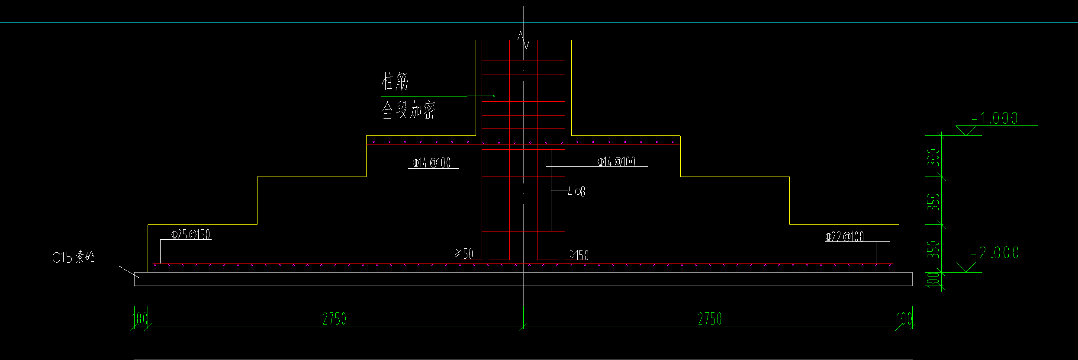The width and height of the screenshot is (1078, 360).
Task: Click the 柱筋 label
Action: (395, 81)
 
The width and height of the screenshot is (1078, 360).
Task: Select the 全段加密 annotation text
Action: (408, 110)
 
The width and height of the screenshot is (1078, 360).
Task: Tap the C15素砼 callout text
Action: (73, 257)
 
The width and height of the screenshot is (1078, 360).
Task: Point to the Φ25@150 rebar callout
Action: (191, 235)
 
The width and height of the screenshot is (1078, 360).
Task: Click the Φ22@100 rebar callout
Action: (844, 237)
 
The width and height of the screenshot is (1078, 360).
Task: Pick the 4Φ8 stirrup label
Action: (576, 192)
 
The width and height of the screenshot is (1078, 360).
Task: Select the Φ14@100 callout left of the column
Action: (431, 163)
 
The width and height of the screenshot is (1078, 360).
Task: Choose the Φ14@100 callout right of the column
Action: (616, 162)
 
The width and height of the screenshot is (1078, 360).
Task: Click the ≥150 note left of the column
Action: (463, 254)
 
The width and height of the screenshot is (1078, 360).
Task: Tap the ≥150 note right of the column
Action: (579, 255)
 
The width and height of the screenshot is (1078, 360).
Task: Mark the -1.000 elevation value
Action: (995, 118)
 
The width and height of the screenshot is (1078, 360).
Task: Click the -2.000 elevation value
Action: (995, 253)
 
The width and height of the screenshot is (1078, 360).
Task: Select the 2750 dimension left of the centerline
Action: (335, 319)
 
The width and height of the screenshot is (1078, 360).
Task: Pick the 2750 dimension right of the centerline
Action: (710, 319)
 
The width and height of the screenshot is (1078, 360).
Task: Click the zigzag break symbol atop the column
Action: (525, 40)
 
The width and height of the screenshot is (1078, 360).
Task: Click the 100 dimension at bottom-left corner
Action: (140, 319)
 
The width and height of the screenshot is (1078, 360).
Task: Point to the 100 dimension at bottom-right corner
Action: (904, 319)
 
